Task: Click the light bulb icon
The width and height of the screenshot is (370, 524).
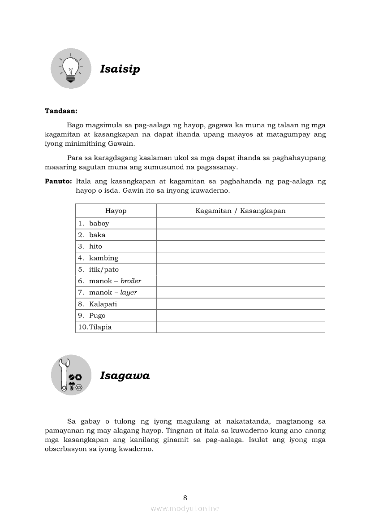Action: tap(71, 68)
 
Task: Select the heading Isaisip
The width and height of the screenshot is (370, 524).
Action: tap(120, 69)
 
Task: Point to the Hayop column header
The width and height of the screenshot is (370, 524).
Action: tap(116, 211)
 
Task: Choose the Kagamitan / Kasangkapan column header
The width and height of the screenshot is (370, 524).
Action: tap(241, 211)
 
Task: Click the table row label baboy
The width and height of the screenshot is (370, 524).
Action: tap(99, 223)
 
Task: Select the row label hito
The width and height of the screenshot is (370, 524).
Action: tap(95, 247)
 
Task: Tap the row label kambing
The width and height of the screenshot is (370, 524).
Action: tap(103, 258)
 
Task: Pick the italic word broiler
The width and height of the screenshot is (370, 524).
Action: tap(131, 281)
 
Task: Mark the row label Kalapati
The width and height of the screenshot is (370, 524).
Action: tap(103, 304)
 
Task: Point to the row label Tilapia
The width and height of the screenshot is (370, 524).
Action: tap(100, 327)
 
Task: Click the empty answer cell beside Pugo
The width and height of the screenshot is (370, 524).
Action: tap(241, 316)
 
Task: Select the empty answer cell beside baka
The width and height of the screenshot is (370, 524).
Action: tap(241, 235)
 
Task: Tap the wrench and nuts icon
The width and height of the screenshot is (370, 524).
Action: tap(71, 375)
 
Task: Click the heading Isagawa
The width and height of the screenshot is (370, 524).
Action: tap(125, 376)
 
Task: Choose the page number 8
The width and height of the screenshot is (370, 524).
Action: tap(185, 498)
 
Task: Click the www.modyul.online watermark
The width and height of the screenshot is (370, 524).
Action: tap(185, 508)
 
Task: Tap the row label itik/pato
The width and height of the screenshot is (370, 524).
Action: tap(104, 270)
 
